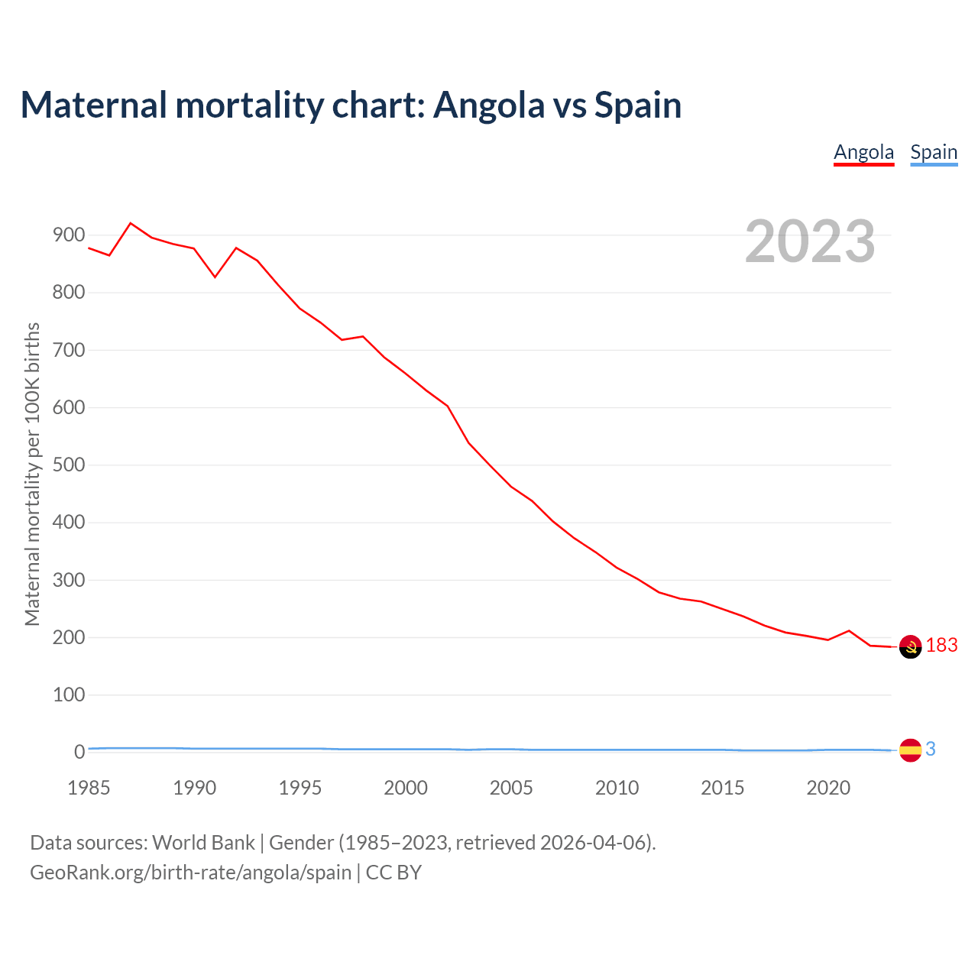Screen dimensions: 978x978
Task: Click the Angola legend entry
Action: click(x=863, y=152)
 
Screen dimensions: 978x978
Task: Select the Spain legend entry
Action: click(x=934, y=152)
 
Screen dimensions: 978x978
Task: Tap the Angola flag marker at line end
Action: click(x=910, y=646)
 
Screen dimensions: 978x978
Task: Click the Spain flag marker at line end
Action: click(x=910, y=750)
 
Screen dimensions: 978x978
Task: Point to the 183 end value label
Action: click(x=942, y=646)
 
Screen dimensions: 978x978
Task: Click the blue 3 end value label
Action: click(x=931, y=750)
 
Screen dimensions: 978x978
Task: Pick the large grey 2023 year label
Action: click(x=810, y=241)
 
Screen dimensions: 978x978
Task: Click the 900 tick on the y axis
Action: click(x=69, y=235)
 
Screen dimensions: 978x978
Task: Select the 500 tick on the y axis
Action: click(x=69, y=465)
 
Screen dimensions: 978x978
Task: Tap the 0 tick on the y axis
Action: click(x=79, y=753)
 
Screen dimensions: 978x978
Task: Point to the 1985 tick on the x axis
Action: click(x=89, y=788)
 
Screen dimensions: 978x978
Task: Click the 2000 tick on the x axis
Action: click(x=406, y=788)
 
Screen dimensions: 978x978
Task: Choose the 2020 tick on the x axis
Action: click(x=828, y=788)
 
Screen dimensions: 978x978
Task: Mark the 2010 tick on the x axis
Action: click(x=617, y=788)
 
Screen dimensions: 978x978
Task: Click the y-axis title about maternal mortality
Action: click(x=32, y=474)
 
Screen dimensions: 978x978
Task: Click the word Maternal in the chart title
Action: click(x=93, y=105)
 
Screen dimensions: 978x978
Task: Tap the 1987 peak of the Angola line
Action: click(x=131, y=223)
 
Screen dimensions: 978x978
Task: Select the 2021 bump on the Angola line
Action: click(x=849, y=631)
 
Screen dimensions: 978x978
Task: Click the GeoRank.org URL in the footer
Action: click(x=190, y=873)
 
